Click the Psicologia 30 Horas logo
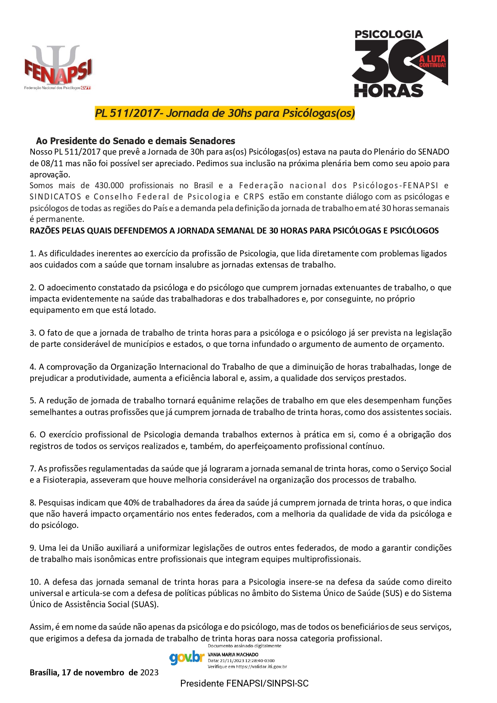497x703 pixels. [x=399, y=63]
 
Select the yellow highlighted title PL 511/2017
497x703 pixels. [x=225, y=113]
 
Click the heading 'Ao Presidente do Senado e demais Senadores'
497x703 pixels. [x=135, y=141]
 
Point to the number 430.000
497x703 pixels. [x=109, y=185]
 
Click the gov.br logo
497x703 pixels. [x=187, y=657]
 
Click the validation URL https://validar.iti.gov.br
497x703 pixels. [x=261, y=667]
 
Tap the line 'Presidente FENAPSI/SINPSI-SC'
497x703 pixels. [x=244, y=683]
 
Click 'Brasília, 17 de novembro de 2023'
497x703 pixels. [x=94, y=673]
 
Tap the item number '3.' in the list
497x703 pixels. [x=33, y=333]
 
